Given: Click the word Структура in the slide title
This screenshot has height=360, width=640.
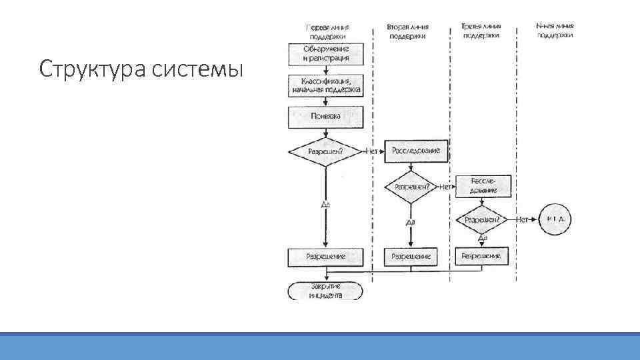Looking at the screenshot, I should [93, 69].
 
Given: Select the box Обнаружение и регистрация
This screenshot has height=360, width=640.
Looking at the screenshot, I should [326, 54].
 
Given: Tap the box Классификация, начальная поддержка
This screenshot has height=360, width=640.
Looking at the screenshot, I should [326, 85].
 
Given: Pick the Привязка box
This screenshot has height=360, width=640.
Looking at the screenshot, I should [326, 117].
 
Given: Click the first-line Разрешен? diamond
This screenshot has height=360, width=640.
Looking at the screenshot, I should [326, 151].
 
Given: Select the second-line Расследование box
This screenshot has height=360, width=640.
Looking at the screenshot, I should [416, 151].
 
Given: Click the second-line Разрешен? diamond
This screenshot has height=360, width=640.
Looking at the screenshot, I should [412, 187].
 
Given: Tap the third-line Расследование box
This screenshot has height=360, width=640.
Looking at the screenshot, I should [483, 186].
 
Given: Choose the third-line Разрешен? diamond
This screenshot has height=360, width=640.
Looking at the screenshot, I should [483, 219].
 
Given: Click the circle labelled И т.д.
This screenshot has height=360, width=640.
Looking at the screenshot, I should [555, 219].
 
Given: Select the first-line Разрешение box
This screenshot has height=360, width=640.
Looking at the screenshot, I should [326, 256].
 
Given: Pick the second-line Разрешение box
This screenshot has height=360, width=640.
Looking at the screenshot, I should [411, 256].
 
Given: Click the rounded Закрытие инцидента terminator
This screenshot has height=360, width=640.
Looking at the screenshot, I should [326, 291].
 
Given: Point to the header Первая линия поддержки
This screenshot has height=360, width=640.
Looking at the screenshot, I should [327, 31].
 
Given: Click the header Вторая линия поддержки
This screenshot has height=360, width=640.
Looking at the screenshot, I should [407, 31].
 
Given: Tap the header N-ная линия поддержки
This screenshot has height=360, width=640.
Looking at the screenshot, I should [555, 30].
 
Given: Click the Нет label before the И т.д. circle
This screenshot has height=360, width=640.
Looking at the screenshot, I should [523, 219].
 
